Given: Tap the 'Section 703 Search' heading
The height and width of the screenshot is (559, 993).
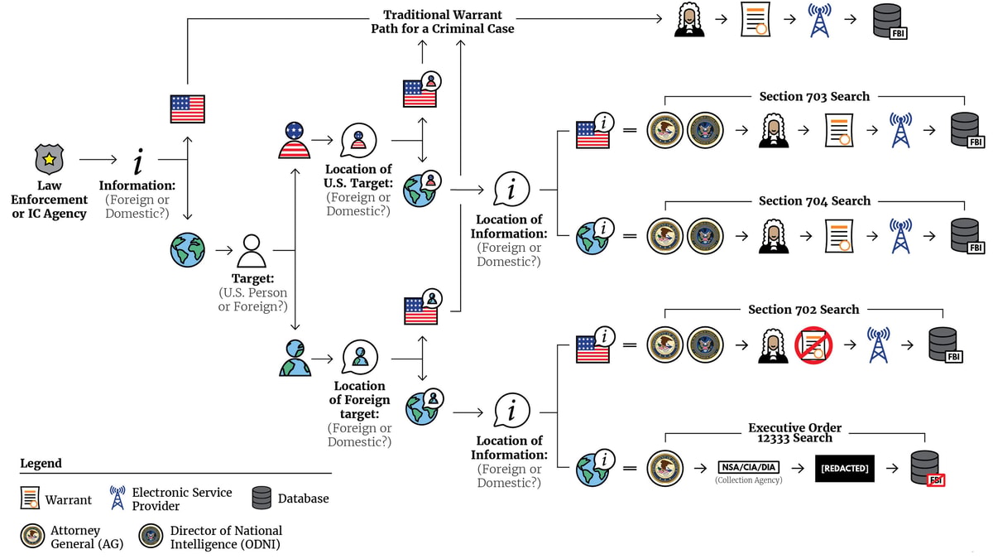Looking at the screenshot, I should (814, 96).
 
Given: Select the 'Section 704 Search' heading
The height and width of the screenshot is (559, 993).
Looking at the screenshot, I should (814, 200).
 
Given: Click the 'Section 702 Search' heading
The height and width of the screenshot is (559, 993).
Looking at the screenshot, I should (804, 309).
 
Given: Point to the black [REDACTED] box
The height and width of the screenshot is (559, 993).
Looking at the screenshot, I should (844, 468).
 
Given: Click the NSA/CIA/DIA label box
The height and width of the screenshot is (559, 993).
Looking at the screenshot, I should (747, 467).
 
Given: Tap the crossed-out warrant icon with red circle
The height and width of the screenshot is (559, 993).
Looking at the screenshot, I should (813, 345).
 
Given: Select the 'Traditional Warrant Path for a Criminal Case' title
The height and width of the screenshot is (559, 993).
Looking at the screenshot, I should (442, 22).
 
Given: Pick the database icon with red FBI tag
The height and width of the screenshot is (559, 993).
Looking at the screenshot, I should (926, 468).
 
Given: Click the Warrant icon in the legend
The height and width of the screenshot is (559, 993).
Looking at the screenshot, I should (30, 499).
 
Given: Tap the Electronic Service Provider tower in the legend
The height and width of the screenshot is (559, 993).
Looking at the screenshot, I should (118, 498).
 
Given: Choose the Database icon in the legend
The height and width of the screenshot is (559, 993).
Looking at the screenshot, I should (261, 498).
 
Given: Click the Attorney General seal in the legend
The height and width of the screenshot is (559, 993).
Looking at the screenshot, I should (32, 537).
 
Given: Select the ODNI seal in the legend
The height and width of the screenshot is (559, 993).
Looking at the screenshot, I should (151, 537).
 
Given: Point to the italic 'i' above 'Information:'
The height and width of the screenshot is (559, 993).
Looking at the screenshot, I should (138, 161).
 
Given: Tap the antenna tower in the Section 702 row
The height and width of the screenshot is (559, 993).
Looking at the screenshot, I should (879, 345).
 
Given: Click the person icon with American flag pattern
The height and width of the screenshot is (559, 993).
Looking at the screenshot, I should (295, 140).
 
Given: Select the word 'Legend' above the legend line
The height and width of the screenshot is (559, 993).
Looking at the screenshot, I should (41, 463).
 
